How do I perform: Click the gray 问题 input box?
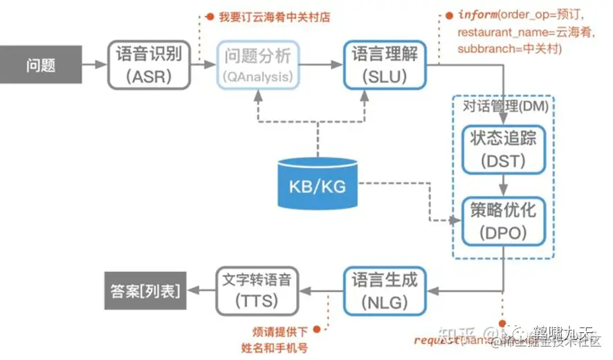[x=41, y=66]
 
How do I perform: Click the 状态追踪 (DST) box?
[x=503, y=149]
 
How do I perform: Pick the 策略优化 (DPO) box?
[x=503, y=220]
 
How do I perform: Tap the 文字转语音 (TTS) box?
[x=257, y=290]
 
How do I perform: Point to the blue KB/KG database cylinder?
[x=318, y=183]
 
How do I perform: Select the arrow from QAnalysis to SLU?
[x=322, y=65]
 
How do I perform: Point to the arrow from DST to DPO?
[x=503, y=184]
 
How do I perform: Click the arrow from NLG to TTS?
[x=321, y=291]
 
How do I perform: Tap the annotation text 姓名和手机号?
[x=274, y=347]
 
